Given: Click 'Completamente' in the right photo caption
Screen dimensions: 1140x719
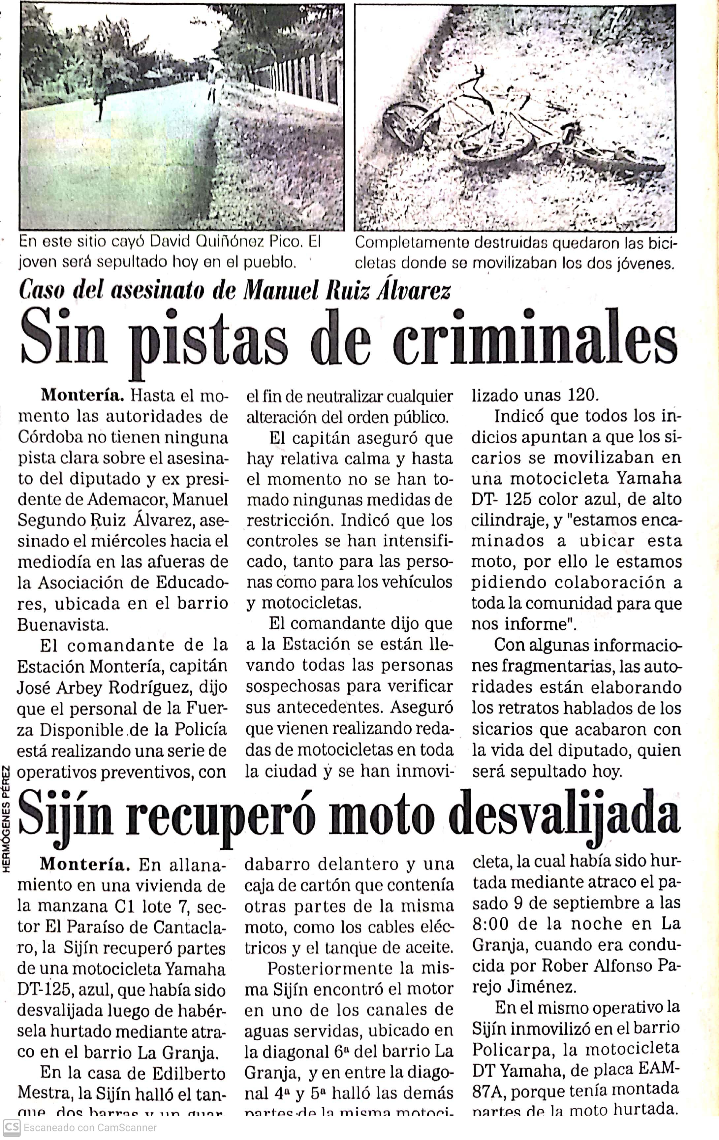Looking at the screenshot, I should tap(412, 242).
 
